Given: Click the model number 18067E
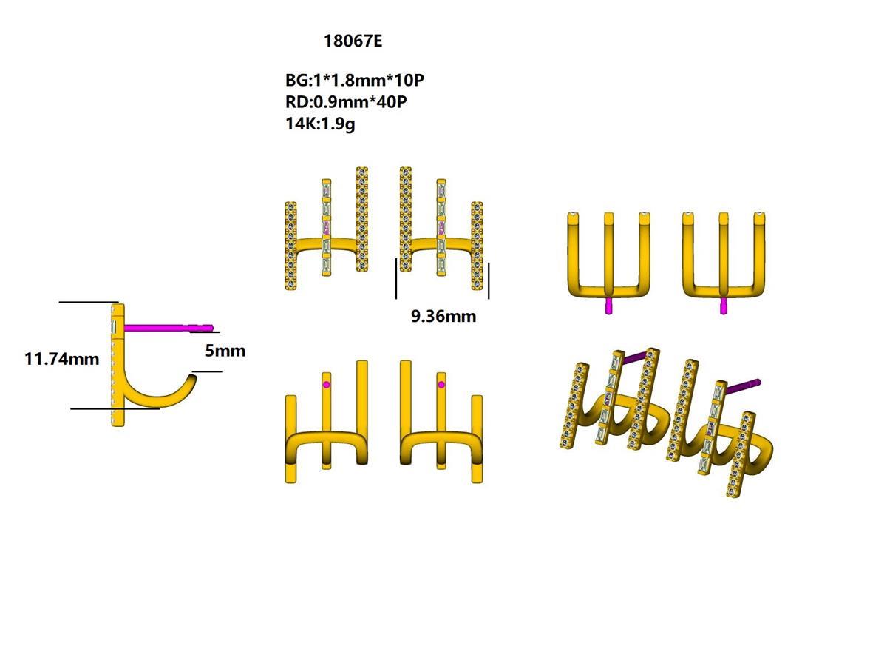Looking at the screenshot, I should pyautogui.click(x=353, y=41).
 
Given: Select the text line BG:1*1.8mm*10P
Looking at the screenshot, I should pyautogui.click(x=355, y=80).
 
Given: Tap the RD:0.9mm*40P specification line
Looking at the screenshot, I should pyautogui.click(x=346, y=101).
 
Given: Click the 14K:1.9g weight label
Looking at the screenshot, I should pyautogui.click(x=320, y=124).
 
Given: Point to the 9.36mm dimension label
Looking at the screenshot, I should pyautogui.click(x=443, y=317).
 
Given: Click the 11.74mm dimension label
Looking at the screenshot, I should pyautogui.click(x=61, y=359).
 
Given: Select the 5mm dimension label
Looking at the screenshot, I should pyautogui.click(x=225, y=351).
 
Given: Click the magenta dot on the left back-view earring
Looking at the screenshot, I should pyautogui.click(x=327, y=385).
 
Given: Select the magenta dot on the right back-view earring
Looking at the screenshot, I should pyautogui.click(x=441, y=385).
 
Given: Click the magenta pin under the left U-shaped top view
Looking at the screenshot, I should pyautogui.click(x=608, y=306).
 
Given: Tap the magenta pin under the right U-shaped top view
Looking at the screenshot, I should pyautogui.click(x=723, y=306).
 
